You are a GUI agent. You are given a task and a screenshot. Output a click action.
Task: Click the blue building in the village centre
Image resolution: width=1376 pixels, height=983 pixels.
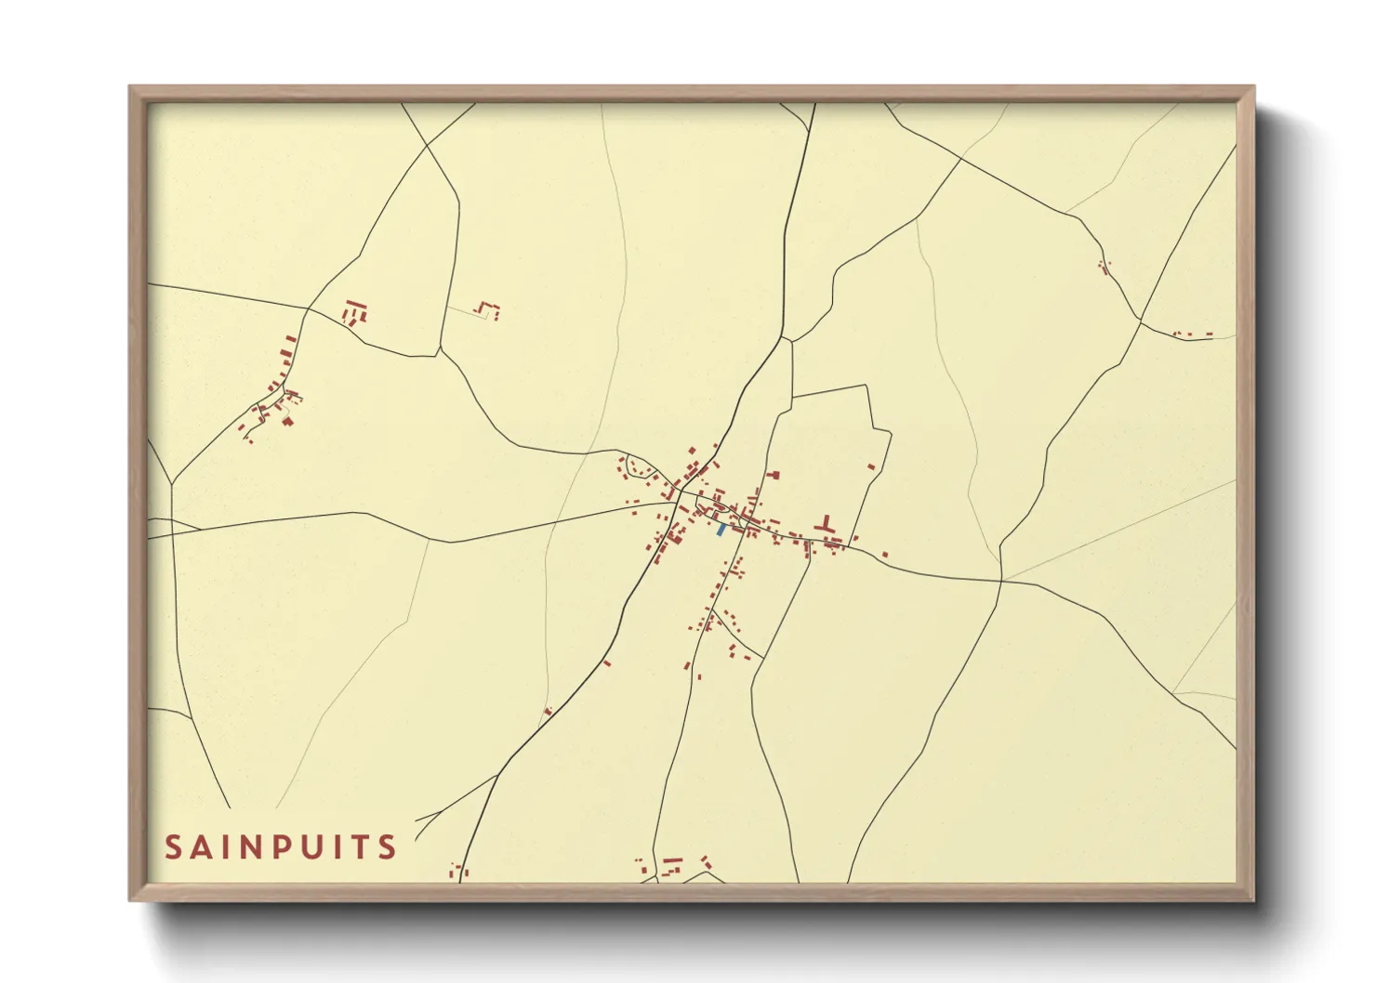[721, 530]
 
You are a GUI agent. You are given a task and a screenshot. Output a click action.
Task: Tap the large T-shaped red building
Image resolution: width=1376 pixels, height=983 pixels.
[824, 525]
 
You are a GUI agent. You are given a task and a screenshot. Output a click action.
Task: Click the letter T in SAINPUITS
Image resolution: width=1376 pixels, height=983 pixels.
[361, 847]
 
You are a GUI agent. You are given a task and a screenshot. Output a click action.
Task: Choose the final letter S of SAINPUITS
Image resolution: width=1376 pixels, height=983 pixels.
[388, 847]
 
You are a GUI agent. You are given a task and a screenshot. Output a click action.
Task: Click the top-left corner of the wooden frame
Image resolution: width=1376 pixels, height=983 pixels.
[131, 87]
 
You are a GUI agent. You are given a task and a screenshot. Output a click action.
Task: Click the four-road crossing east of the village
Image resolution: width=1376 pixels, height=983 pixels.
[1001, 582]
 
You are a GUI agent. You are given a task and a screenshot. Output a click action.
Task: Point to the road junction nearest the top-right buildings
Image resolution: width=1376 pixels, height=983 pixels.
[1141, 321]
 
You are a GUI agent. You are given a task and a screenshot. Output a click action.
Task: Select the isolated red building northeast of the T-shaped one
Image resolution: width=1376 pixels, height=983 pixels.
[871, 466]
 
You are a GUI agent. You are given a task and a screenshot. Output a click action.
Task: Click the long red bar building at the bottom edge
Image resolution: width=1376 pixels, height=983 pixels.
[673, 860]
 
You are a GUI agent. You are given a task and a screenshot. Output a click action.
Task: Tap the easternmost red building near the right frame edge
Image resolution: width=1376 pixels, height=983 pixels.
[1210, 333]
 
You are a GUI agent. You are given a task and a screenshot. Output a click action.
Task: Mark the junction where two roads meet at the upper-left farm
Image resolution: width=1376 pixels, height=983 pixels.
[308, 308]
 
